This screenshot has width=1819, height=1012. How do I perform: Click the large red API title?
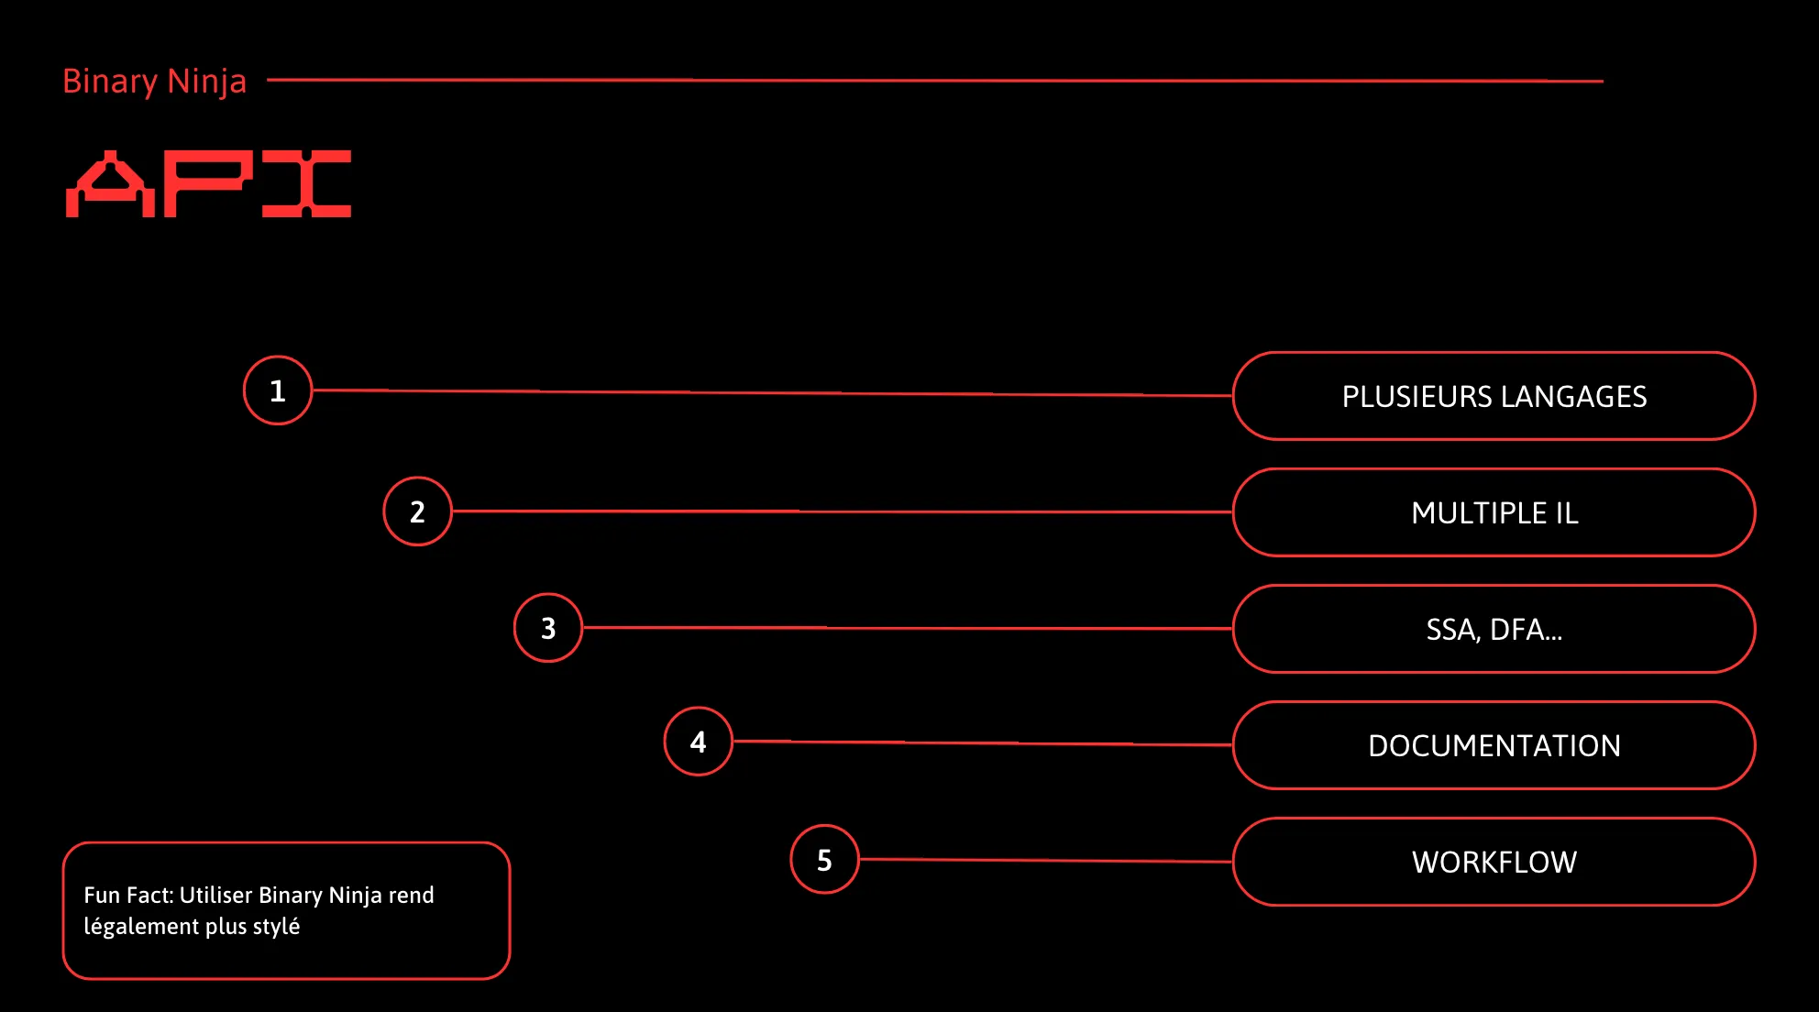(209, 184)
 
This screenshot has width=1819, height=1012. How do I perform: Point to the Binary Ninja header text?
(154, 82)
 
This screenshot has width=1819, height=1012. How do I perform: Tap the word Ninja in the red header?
(207, 82)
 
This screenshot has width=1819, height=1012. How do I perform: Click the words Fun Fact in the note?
(128, 895)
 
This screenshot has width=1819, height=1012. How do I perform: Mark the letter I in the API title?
(306, 184)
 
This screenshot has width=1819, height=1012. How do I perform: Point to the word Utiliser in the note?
(215, 895)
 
